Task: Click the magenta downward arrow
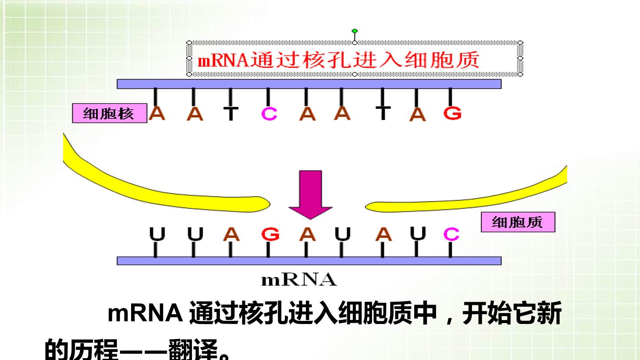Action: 310,195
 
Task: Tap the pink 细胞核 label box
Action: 110,113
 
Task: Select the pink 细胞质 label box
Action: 518,222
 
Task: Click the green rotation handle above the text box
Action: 355,31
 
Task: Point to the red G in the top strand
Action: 452,113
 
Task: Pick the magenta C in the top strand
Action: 269,114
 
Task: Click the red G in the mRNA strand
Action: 270,234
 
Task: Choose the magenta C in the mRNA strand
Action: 451,234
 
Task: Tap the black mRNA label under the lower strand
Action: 299,280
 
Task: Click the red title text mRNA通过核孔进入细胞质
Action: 338,60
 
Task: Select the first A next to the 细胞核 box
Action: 157,113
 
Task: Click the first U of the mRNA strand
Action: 157,234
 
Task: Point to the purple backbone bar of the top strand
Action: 309,84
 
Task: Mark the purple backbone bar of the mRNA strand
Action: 309,261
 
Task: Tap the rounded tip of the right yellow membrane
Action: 366,207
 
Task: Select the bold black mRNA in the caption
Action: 145,313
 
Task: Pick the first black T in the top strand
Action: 231,114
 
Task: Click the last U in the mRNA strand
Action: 418,234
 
